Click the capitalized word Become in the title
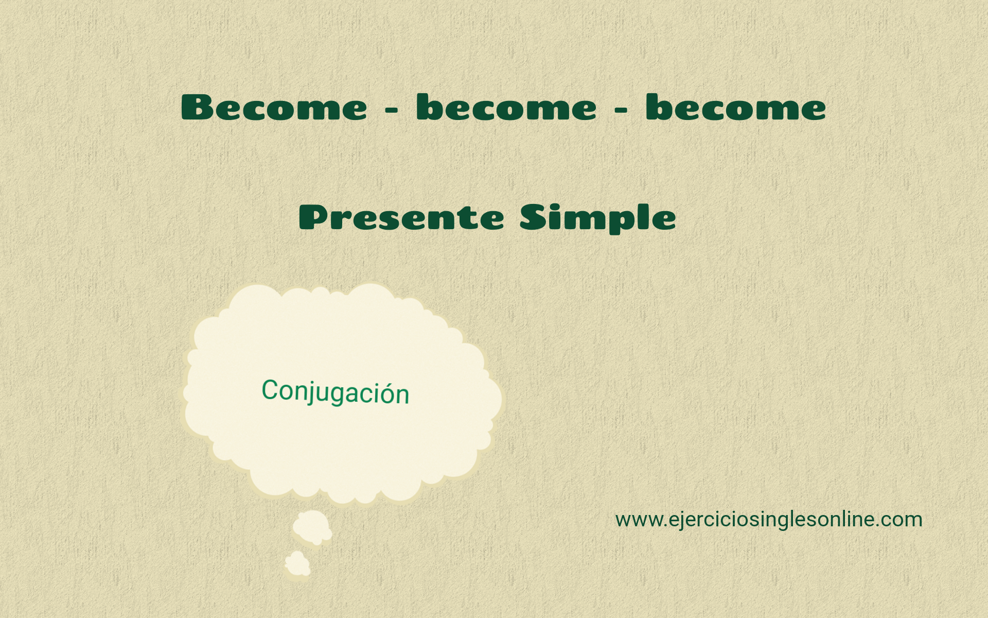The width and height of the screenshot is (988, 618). tap(274, 108)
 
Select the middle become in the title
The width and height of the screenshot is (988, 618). tap(506, 108)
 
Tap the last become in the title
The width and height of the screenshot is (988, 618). tap(736, 108)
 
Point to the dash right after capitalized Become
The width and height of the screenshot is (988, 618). tap(392, 110)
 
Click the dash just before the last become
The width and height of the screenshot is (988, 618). tap(621, 110)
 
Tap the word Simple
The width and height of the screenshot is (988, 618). tap(597, 218)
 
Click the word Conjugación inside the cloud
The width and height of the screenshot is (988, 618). tap(336, 392)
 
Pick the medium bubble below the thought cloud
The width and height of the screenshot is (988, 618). tap(312, 527)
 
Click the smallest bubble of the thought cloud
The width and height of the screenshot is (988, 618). tap(297, 564)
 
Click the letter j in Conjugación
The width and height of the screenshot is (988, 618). tap(306, 393)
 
